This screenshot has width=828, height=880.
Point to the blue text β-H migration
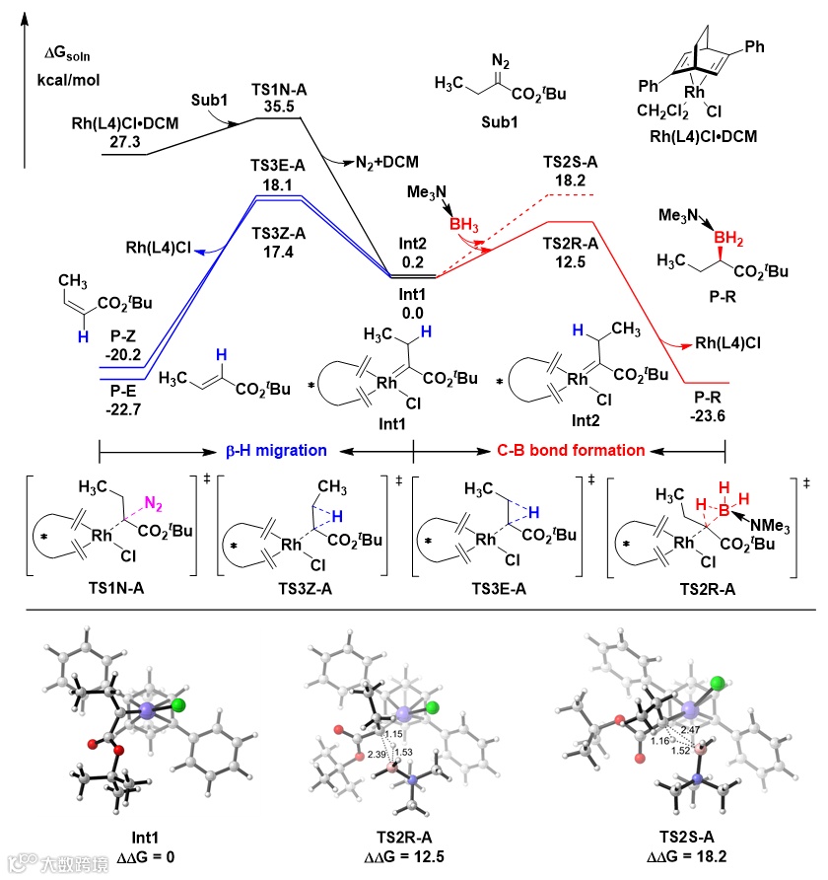[273, 450]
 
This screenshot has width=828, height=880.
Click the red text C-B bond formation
[570, 450]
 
